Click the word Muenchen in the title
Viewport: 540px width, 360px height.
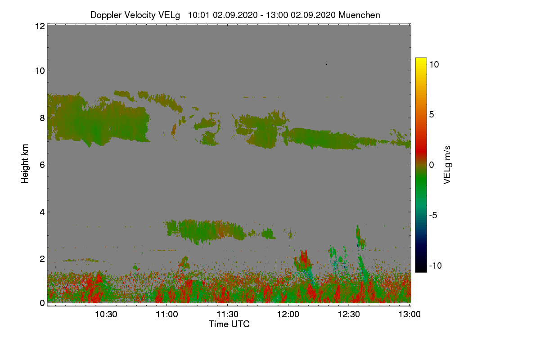click(359, 15)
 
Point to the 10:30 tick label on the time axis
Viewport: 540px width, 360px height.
click(106, 314)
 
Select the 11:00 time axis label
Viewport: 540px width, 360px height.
click(167, 314)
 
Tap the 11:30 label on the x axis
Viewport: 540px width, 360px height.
click(227, 314)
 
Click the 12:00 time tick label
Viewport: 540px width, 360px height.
click(288, 314)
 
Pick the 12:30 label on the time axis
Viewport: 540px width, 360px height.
click(349, 314)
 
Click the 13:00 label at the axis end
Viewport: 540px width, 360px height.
click(409, 314)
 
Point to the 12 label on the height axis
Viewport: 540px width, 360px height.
click(40, 26)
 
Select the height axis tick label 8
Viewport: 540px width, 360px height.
click(42, 118)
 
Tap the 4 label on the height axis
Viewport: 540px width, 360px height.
click(42, 212)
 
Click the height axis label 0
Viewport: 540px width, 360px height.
click(42, 303)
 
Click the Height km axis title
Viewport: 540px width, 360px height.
click(25, 164)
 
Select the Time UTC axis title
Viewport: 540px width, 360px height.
click(229, 324)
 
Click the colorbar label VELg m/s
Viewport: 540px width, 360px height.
click(447, 165)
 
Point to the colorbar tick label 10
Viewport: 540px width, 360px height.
click(434, 65)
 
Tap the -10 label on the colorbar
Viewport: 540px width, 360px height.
click(436, 265)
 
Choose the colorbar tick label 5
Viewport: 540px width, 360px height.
click(432, 115)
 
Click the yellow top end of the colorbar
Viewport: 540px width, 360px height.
click(421, 58)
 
